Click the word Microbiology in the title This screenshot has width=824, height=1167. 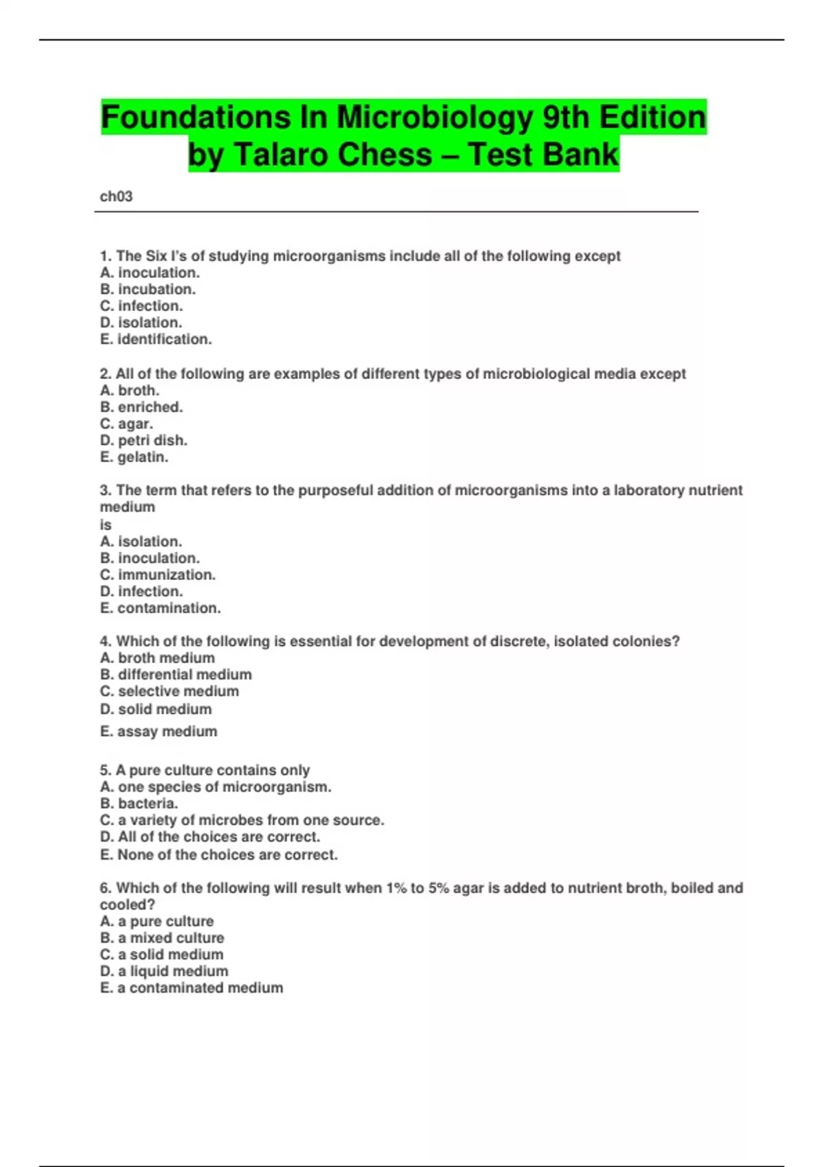(x=435, y=118)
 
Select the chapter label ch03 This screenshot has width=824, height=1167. (x=116, y=197)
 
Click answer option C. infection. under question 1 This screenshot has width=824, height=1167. (x=141, y=306)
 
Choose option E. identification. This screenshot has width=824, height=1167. (x=156, y=339)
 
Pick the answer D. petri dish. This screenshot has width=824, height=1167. (x=144, y=441)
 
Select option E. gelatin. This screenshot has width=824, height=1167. (x=134, y=457)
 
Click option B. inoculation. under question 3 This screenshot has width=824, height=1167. (x=150, y=558)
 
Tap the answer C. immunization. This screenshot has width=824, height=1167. (x=158, y=575)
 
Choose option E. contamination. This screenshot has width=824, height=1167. (x=160, y=608)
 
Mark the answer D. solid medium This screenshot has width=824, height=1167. (x=156, y=709)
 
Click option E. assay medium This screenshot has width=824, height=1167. (x=159, y=732)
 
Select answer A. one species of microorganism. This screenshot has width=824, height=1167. (x=216, y=787)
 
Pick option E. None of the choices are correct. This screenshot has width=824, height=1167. (x=219, y=855)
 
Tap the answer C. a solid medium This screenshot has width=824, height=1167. (x=161, y=955)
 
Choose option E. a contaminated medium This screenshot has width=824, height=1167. (x=192, y=988)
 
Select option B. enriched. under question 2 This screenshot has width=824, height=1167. (x=141, y=407)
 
